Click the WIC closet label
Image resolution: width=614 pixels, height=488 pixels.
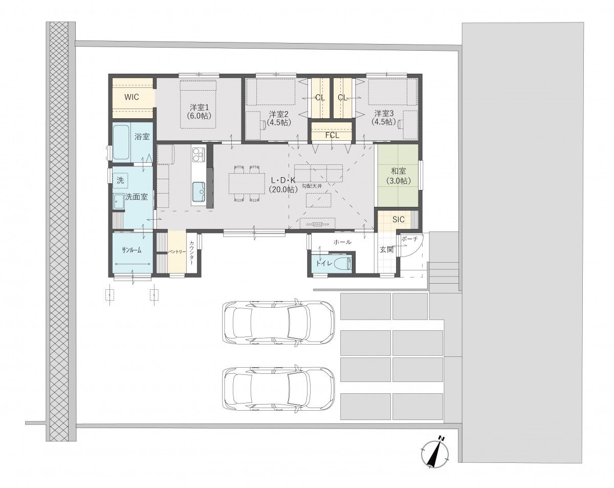tap(131, 97)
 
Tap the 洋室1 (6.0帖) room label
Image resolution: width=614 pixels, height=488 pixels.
tap(199, 112)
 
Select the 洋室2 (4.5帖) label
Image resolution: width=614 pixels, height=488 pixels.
tap(278, 118)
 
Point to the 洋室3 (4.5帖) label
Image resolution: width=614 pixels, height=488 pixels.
tap(384, 117)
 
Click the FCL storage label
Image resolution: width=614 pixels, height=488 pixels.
tap(333, 135)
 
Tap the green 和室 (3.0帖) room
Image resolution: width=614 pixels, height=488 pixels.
tap(398, 175)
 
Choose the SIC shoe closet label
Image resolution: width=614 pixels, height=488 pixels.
tap(398, 219)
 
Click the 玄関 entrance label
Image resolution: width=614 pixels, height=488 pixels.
tap(387, 249)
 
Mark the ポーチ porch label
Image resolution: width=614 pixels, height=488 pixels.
tap(409, 239)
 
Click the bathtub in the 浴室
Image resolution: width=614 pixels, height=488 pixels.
tap(122, 143)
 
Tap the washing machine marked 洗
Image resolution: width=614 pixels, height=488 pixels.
tap(120, 180)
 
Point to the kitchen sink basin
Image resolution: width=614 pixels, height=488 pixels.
tap(199, 192)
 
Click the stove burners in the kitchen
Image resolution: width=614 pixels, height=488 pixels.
tap(199, 155)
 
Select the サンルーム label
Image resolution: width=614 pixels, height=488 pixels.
tap(131, 250)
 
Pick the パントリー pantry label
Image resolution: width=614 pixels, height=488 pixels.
tap(177, 252)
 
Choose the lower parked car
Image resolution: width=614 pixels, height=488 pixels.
tap(278, 389)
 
